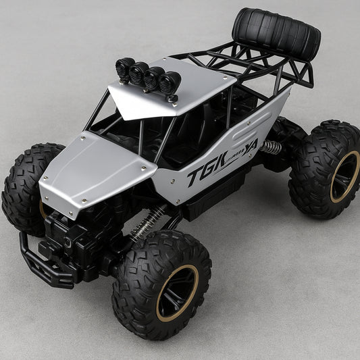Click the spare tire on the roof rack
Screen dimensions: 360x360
[x=276, y=34]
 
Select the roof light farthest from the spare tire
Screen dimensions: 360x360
[x=125, y=68]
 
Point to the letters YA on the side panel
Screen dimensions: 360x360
[x=251, y=145]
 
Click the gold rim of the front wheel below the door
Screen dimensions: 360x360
[x=177, y=290]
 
